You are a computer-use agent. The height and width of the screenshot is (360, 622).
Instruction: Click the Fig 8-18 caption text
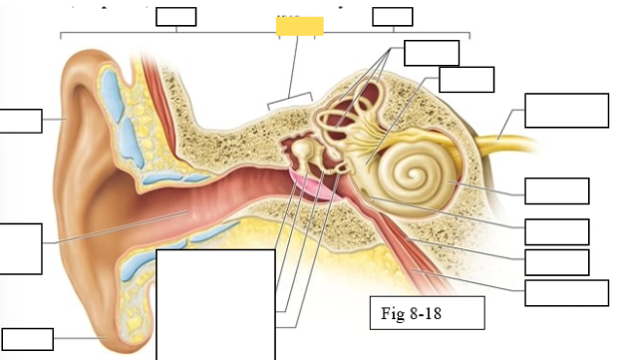412,314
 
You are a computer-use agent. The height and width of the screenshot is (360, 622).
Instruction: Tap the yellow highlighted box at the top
300,26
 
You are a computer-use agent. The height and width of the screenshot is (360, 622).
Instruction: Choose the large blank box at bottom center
215,304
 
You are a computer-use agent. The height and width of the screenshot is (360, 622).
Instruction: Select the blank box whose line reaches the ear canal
20,248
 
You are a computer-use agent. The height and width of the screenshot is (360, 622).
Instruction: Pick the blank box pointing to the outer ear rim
20,121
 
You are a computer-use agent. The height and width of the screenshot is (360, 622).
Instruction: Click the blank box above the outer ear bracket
176,16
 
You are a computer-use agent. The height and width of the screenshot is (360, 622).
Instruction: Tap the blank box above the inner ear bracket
392,16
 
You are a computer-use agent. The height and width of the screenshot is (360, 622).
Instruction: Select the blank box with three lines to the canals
432,53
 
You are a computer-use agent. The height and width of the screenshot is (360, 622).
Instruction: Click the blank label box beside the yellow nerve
566,110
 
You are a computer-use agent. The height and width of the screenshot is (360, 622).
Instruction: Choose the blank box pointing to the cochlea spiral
556,190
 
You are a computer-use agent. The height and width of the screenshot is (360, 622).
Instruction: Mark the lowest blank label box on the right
566,293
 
